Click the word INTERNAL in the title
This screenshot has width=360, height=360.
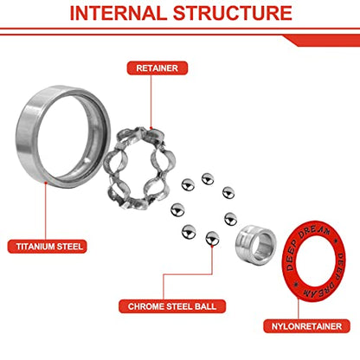[x=119, y=13]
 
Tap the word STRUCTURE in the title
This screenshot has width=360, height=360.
[x=233, y=13]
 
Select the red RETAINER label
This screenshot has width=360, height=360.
[x=157, y=68]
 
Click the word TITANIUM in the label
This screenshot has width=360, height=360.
[x=35, y=247]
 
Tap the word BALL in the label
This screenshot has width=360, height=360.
[x=205, y=306]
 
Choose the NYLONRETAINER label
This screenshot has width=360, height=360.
[x=306, y=326]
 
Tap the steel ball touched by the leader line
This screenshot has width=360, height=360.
[x=212, y=239]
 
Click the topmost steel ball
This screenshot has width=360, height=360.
[x=208, y=179]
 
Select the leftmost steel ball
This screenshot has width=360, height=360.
[x=177, y=210]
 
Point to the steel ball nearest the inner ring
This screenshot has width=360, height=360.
[x=231, y=219]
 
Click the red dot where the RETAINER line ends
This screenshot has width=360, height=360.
[x=151, y=128]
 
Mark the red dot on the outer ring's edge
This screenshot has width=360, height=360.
[x=45, y=183]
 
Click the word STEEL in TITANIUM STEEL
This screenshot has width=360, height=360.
[x=70, y=247]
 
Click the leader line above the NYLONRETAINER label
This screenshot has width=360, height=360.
[x=299, y=309]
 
